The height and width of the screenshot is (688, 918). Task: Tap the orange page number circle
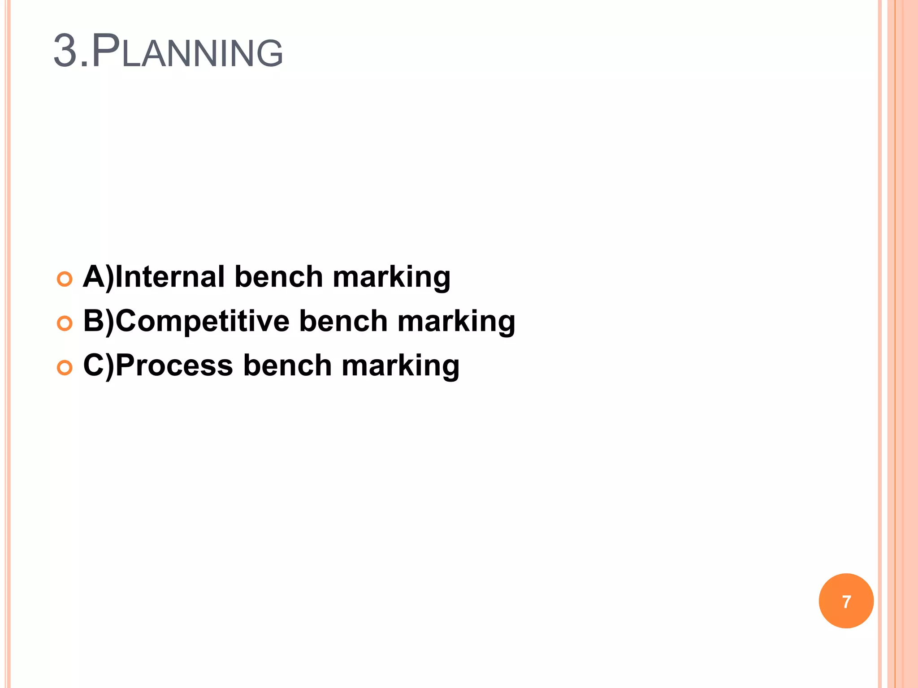coord(846,601)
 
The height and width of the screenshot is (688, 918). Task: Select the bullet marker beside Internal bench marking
coord(65,279)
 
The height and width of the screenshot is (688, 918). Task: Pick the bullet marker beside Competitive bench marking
coord(65,323)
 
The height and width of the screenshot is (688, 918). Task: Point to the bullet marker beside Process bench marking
coord(65,368)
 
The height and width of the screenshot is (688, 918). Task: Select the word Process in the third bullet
coord(174,365)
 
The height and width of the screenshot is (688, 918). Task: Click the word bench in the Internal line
coord(278,276)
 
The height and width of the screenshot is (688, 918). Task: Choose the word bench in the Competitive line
coord(343,321)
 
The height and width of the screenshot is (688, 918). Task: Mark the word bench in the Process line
coord(287,365)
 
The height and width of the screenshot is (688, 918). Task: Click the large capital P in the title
coord(106,51)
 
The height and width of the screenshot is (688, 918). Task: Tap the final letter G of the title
coord(269,53)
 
